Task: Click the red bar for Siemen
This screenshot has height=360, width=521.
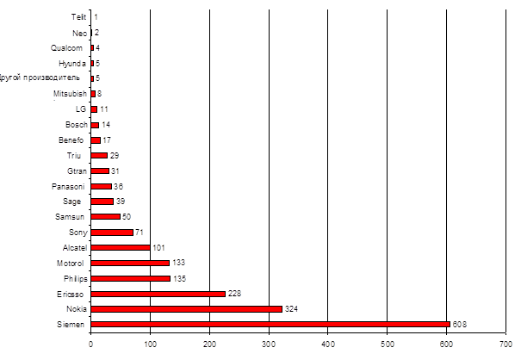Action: coord(270,325)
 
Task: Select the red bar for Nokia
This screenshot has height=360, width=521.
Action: coord(186,308)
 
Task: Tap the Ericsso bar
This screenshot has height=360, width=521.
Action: coord(158,294)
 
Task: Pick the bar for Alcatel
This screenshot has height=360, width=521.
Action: coord(121,247)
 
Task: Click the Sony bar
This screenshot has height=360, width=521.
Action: coord(112,232)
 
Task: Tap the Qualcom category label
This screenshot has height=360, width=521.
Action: coord(68,47)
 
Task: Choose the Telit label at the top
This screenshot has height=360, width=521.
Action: coord(79,16)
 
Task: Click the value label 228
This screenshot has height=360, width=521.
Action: coord(236,294)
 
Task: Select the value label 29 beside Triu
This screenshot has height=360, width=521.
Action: coord(115,155)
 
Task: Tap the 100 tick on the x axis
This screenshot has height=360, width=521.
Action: coord(151,344)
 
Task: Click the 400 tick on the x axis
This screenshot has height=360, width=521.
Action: coord(329,344)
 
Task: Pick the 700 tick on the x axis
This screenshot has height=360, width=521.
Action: coord(506,344)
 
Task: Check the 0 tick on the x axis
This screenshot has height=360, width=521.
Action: coord(91,344)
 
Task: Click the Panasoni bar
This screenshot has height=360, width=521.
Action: coord(102,186)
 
